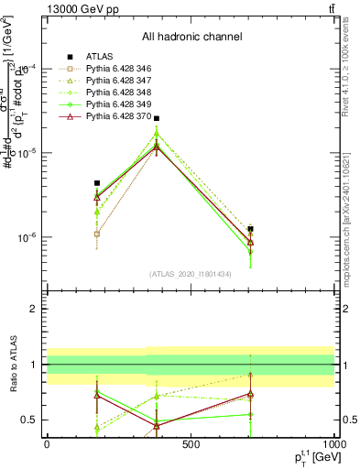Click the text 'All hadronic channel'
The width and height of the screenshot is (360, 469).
pos(191,38)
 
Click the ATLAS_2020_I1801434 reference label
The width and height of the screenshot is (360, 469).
pos(191,274)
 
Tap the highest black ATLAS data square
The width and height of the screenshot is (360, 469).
pos(157,118)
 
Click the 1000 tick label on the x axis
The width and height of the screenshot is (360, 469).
pos(333,446)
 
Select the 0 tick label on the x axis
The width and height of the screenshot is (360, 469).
pos(47,446)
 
